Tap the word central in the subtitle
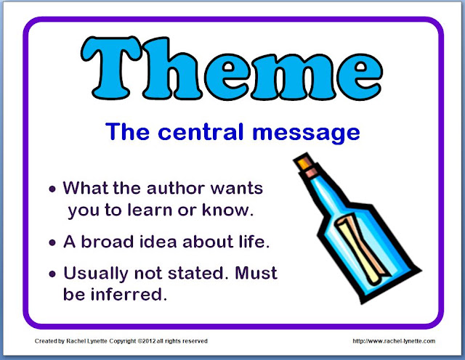(201, 132)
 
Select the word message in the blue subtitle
(306, 134)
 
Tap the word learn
(150, 210)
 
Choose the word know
(227, 210)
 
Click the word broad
(108, 242)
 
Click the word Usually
(96, 274)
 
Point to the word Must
(256, 273)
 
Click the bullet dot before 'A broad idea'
(52, 243)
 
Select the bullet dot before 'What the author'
(52, 189)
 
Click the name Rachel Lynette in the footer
(86, 341)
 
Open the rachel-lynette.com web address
(394, 341)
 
